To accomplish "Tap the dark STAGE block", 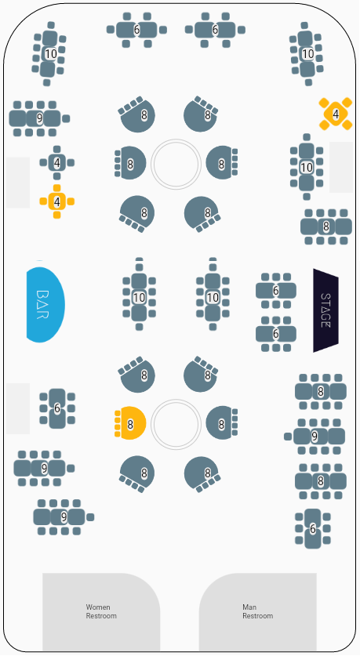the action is (325, 310).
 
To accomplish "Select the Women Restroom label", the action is (101, 611).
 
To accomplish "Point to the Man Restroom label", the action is (257, 611).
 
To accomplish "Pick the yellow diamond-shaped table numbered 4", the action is (336, 114).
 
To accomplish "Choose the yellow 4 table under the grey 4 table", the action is (57, 201).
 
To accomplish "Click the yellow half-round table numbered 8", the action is (130, 423).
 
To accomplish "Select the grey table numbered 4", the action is (57, 163).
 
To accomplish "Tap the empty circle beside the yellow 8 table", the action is (176, 423).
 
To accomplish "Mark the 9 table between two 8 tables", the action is (315, 437).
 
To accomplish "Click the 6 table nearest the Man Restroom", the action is (313, 529).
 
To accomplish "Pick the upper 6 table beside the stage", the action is (276, 290).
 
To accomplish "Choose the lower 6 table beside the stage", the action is (276, 334).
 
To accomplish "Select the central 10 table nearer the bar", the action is (139, 298).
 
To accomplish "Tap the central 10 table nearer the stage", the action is (213, 298).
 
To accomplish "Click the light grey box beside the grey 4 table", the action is (18, 183).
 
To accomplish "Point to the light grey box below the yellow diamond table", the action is (340, 168).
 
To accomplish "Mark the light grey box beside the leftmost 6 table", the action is (18, 408).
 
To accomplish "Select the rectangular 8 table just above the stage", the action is (326, 227).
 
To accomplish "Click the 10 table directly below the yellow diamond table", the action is (307, 168).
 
